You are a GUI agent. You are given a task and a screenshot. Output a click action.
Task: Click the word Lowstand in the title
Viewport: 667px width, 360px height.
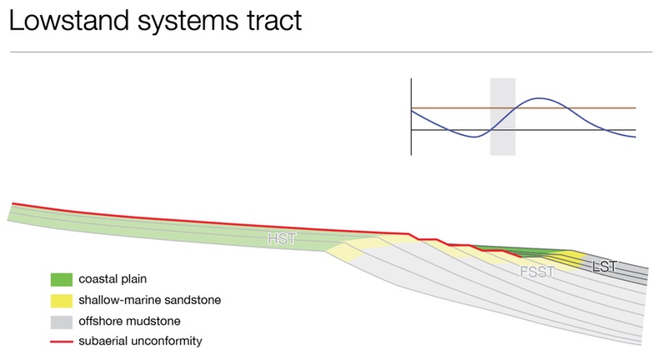point(69,20)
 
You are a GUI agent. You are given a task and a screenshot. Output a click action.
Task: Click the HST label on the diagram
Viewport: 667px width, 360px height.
point(281,238)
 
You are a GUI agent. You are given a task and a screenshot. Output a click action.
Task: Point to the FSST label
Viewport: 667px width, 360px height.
point(538,271)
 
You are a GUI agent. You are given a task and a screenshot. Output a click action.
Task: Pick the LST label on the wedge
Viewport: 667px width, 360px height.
point(604,267)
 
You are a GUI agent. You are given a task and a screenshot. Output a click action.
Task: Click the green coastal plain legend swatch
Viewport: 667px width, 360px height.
point(61,279)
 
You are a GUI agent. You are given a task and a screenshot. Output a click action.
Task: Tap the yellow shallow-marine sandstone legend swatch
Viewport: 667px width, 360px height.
point(61,301)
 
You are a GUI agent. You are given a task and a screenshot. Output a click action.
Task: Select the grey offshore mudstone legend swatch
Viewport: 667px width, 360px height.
point(61,322)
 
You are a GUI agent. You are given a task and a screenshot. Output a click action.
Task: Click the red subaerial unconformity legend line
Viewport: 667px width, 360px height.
point(61,342)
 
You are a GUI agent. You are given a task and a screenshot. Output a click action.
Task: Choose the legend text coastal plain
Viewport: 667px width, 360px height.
point(113,279)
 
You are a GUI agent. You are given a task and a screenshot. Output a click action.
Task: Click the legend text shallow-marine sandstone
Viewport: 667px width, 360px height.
point(150,300)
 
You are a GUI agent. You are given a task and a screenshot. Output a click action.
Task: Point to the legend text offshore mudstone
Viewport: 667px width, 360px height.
point(129,321)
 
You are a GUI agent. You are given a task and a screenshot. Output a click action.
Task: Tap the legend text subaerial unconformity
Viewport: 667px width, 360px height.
point(140,341)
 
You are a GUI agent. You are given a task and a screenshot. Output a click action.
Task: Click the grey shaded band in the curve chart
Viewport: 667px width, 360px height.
point(503,117)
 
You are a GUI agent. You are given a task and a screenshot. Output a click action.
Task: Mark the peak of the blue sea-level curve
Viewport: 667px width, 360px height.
point(539,98)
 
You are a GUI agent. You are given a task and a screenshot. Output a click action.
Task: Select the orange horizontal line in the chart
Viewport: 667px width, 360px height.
point(524,108)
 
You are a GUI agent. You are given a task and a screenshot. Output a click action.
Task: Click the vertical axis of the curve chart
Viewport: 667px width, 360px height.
point(411,117)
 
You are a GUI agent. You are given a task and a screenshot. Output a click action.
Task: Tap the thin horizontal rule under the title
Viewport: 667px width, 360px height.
point(331,52)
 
